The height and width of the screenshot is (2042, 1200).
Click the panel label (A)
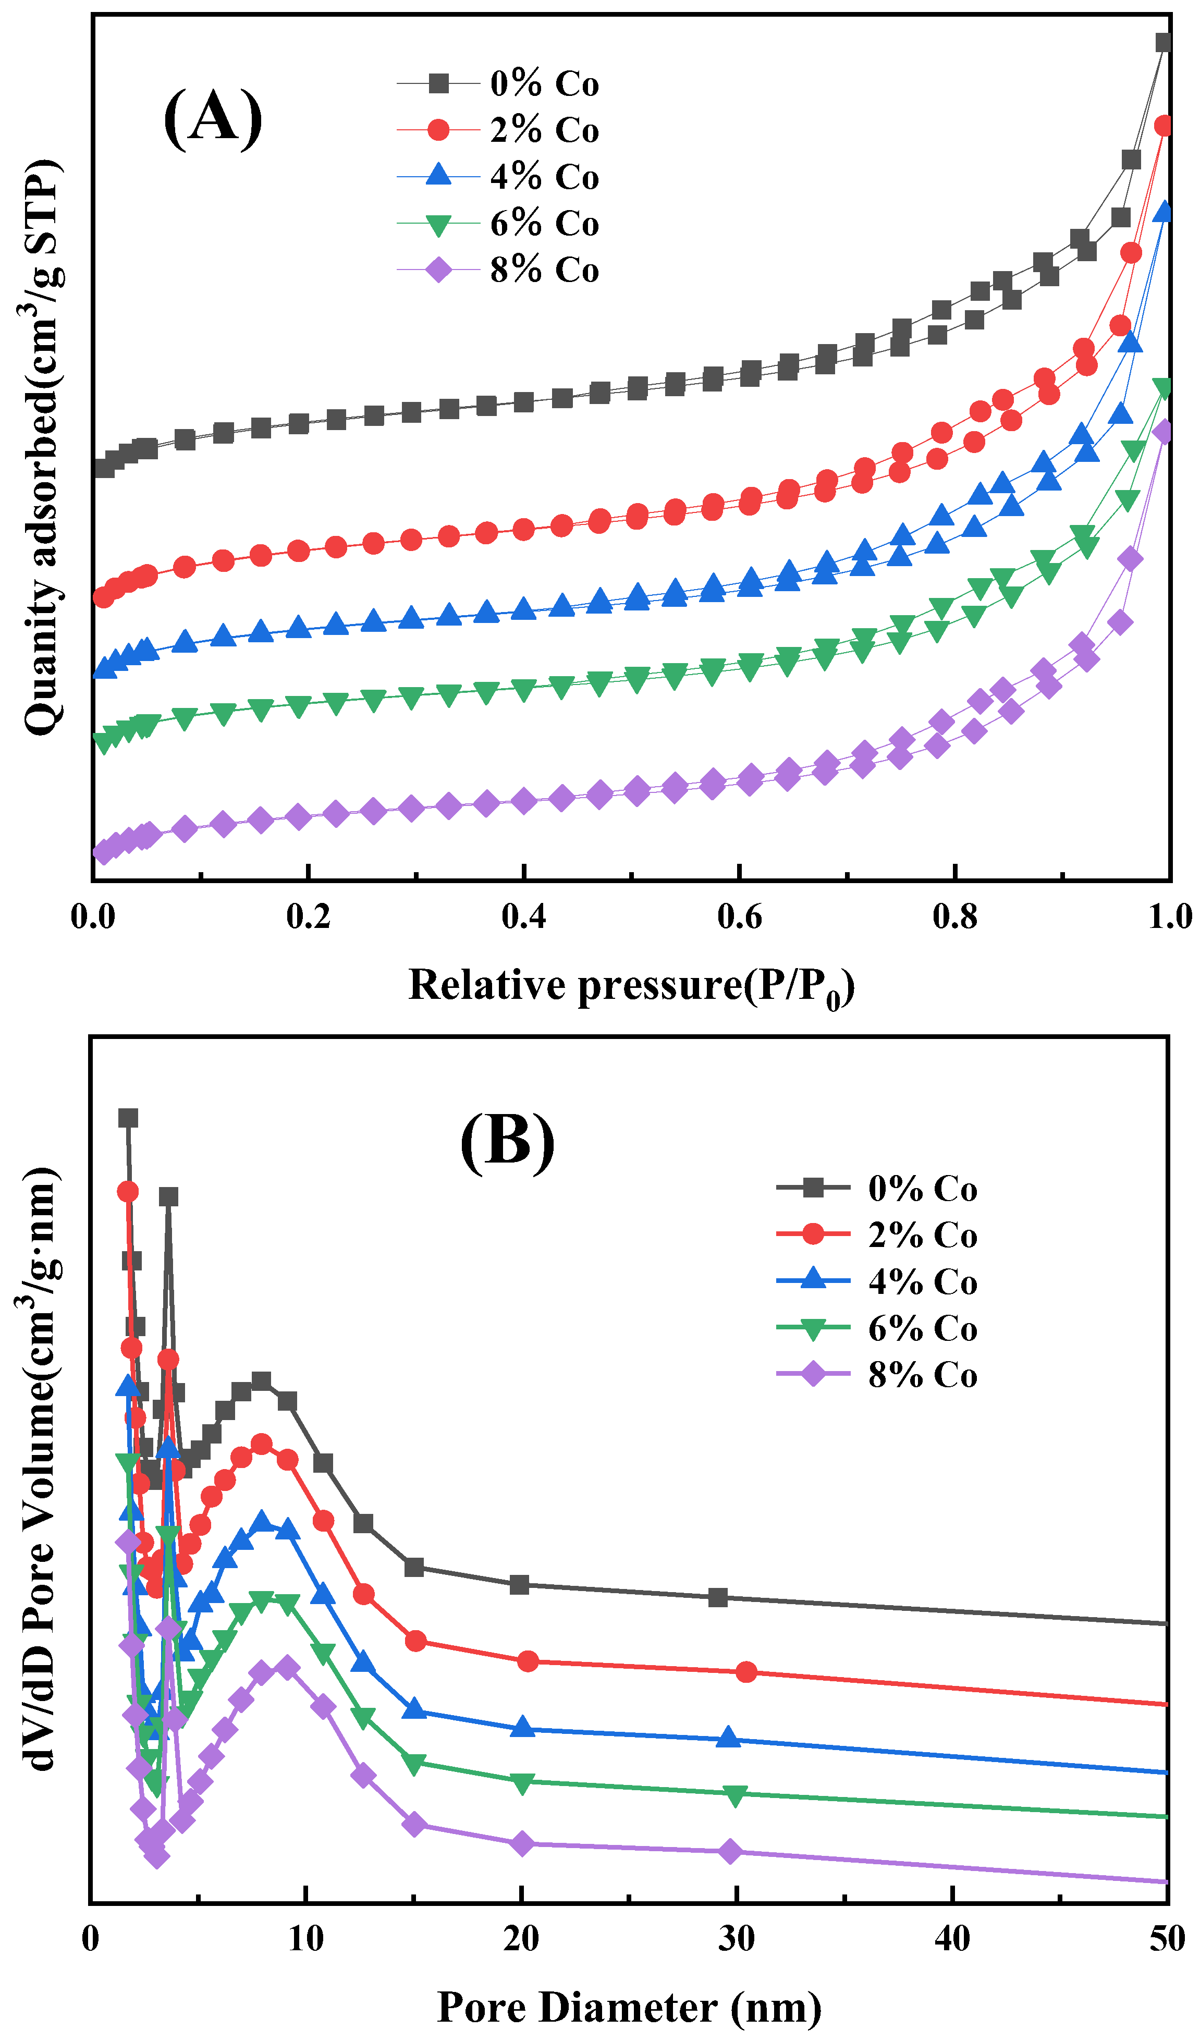coord(213,118)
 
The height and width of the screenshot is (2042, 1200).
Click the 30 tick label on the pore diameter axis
coord(737,1939)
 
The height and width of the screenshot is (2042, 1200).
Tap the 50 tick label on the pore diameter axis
coord(1167,1939)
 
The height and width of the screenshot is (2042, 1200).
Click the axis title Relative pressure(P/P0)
coord(631,987)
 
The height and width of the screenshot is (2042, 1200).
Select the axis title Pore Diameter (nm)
coord(630,2008)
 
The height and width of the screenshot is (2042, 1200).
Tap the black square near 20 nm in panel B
coord(519,1585)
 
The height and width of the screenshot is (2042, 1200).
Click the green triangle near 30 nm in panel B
coord(735,1795)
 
